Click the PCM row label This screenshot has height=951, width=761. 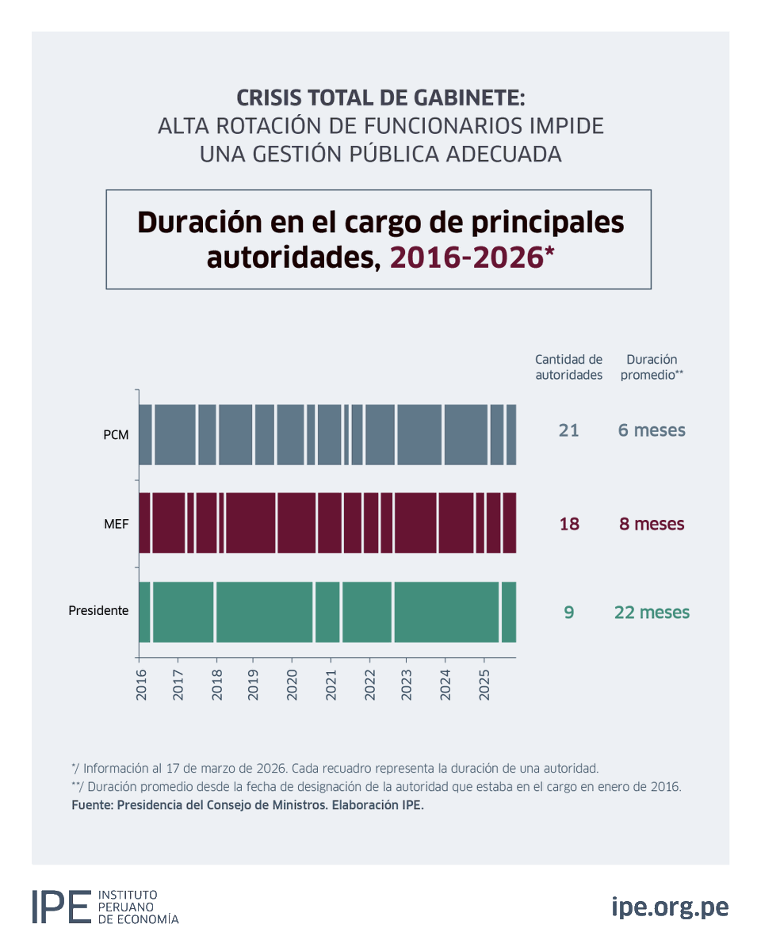116,435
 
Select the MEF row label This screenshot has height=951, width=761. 116,524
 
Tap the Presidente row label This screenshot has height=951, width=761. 98,611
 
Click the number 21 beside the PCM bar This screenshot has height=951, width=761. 568,430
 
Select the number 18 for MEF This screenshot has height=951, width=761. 568,524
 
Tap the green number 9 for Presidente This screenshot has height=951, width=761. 568,613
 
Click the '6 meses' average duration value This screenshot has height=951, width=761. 652,430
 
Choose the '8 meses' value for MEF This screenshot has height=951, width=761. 652,524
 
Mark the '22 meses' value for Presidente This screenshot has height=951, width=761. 652,613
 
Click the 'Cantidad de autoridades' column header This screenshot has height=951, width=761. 568,367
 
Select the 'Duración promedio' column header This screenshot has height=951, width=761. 652,367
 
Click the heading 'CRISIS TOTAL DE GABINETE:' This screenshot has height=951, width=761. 380,99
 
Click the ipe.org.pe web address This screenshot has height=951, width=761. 670,907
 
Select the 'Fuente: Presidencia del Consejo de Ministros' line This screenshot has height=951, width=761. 247,805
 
